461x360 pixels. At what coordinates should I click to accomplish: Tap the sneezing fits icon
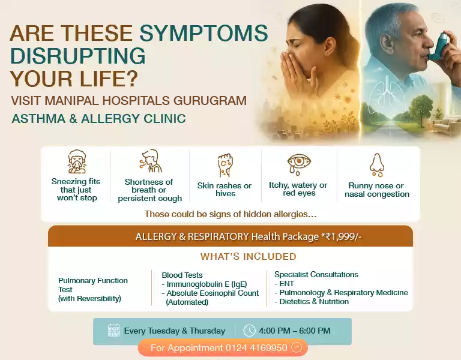76,162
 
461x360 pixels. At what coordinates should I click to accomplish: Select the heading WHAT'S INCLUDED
248,257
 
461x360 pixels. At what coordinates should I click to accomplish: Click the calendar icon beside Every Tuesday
113,331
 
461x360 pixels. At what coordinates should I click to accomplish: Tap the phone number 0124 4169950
256,347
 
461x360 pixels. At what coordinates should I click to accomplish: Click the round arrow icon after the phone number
296,347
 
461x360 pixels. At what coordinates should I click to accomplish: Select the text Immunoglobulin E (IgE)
206,284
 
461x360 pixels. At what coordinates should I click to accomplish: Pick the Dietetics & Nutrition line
313,301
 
